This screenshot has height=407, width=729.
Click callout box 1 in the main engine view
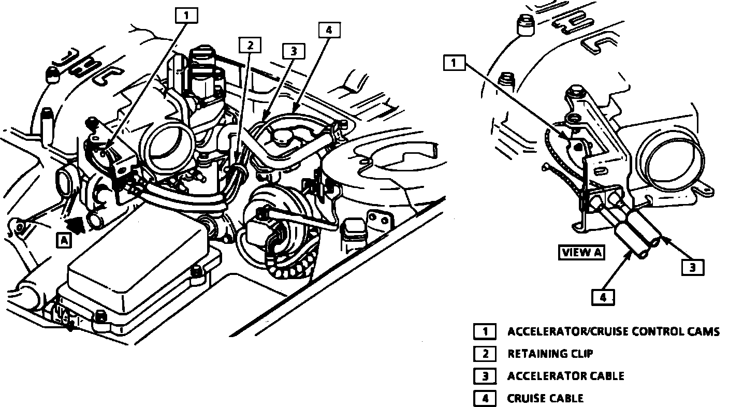click(186, 16)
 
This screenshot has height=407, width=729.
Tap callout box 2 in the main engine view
click(250, 45)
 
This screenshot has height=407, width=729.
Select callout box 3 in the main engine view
click(294, 51)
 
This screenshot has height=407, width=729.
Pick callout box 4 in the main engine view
click(329, 30)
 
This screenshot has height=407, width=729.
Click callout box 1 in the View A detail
click(454, 63)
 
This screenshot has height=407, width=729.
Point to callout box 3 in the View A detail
click(693, 268)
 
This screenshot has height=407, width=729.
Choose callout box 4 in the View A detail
click(603, 298)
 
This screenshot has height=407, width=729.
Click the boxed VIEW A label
click(581, 252)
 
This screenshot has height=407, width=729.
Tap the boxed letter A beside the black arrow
click(64, 241)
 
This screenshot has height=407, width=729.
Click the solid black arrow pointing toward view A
click(76, 225)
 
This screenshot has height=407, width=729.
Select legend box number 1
click(485, 331)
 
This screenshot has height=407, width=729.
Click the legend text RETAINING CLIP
click(550, 354)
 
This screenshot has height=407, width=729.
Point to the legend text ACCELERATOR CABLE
click(566, 376)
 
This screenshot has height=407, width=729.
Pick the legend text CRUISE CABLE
click(545, 398)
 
